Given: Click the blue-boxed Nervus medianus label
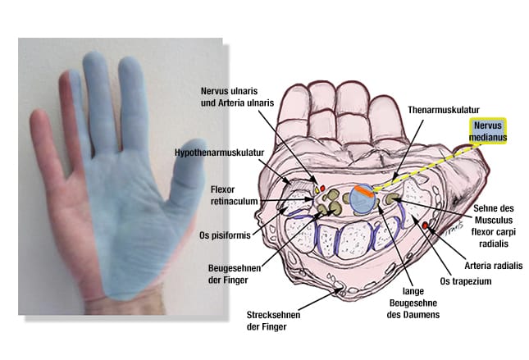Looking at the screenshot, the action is click(x=488, y=131).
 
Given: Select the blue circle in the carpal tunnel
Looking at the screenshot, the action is click(x=363, y=200).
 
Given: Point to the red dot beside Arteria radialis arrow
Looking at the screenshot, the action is click(x=425, y=225).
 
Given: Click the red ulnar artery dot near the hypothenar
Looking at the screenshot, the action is click(x=322, y=188).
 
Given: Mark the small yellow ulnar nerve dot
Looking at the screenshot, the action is click(x=317, y=190).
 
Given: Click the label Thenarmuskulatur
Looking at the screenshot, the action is click(x=444, y=110).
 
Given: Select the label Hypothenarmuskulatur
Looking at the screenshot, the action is click(x=219, y=153).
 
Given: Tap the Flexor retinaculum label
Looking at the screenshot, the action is click(x=234, y=195).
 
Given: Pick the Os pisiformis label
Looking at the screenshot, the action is click(x=225, y=235).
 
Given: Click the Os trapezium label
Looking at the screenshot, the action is click(x=466, y=281).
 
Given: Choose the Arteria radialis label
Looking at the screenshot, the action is click(x=493, y=266).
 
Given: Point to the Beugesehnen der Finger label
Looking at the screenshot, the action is click(x=234, y=274).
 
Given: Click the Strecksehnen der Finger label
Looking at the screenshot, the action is click(x=273, y=321).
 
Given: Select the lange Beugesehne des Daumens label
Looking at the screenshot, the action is click(x=413, y=303).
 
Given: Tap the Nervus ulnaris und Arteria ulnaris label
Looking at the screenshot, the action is click(x=237, y=97).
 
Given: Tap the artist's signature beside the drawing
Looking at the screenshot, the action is click(x=454, y=229).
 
